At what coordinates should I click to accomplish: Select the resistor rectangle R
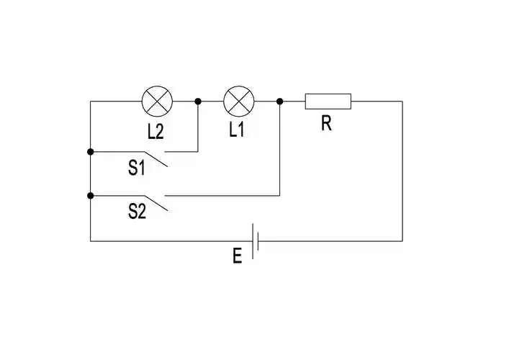coord(328,102)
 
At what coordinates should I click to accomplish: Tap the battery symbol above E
coord(255,240)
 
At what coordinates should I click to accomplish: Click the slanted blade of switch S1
coord(154,159)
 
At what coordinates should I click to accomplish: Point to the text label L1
coord(238,130)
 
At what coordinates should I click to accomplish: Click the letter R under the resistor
coord(327,124)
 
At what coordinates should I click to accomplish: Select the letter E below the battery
coord(238,256)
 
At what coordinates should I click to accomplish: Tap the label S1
coord(137,168)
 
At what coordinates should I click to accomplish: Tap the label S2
coord(137,212)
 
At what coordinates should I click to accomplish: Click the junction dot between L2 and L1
coord(198,102)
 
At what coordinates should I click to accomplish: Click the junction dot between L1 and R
coord(279,102)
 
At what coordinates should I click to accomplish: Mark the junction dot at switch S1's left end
coord(90,152)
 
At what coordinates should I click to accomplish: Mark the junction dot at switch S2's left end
coord(90,195)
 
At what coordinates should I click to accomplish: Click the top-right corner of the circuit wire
coord(402,102)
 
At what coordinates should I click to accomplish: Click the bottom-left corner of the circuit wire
coord(90,240)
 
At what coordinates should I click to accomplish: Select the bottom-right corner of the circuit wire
coord(402,240)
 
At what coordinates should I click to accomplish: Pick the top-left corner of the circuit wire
coord(90,102)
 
